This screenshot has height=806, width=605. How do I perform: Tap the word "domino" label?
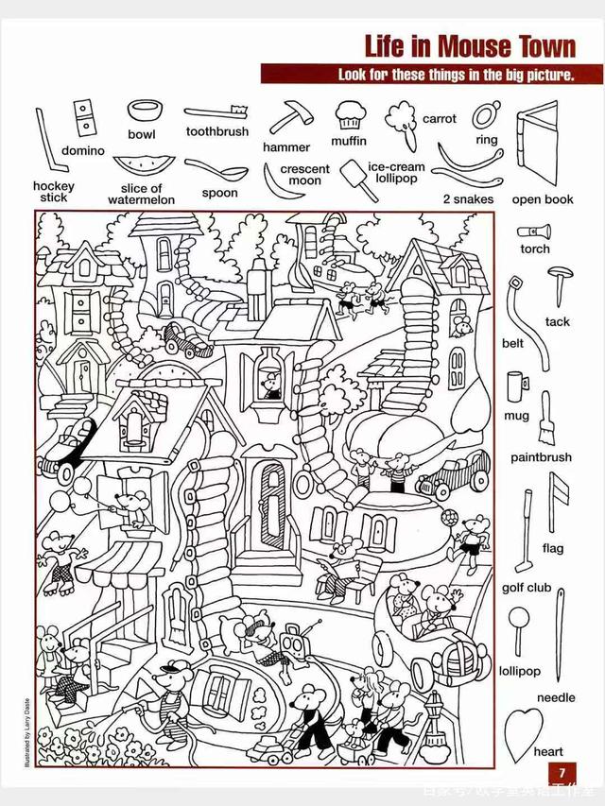click(83, 150)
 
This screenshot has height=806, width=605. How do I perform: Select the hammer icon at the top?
click(285, 117)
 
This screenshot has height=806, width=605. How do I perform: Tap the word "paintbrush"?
click(542, 457)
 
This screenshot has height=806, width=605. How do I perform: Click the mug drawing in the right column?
click(516, 386)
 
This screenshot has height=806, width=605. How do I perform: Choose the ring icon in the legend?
click(485, 115)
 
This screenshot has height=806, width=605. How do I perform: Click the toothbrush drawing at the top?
click(217, 113)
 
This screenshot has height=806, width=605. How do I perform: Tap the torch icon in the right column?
click(535, 230)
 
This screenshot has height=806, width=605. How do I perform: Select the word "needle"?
click(556, 697)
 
